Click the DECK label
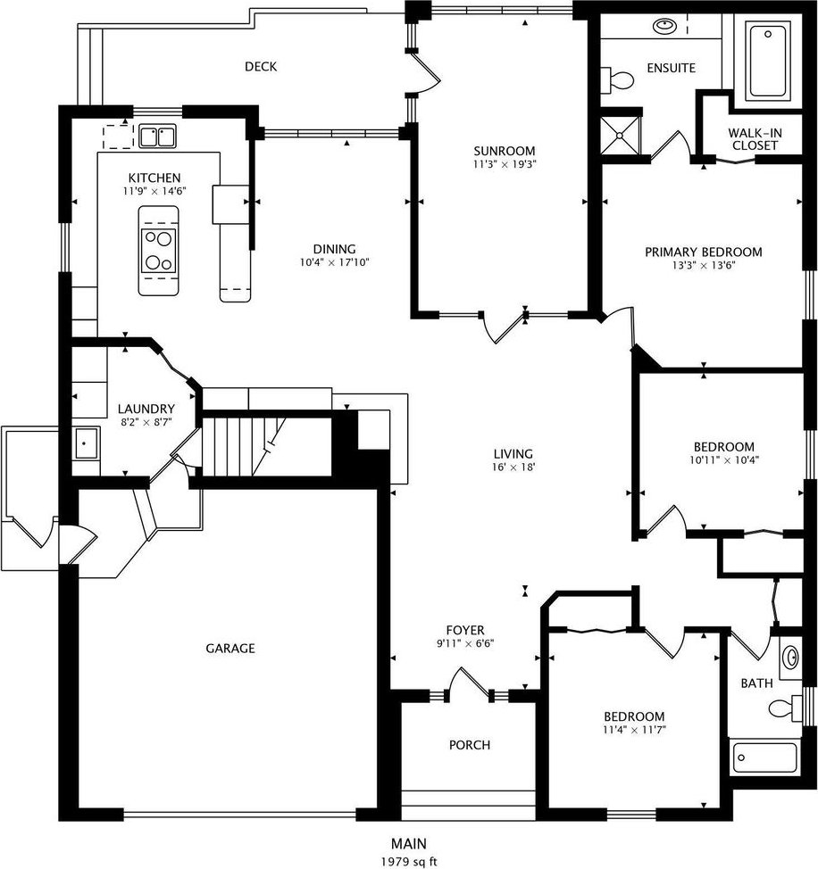[x=261, y=67]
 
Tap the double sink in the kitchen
[x=157, y=137]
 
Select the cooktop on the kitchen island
[x=159, y=251]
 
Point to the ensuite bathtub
[x=768, y=62]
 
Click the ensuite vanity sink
[x=664, y=26]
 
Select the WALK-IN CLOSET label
[x=755, y=139]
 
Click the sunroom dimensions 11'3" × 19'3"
[x=505, y=164]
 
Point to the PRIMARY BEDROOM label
[x=703, y=252]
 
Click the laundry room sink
[x=86, y=443]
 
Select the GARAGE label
[x=230, y=648]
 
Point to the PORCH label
[x=470, y=745]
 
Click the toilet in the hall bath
[x=783, y=708]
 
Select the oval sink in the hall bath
[x=790, y=658]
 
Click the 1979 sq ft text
[x=409, y=861]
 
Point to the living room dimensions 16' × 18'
[x=513, y=468]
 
